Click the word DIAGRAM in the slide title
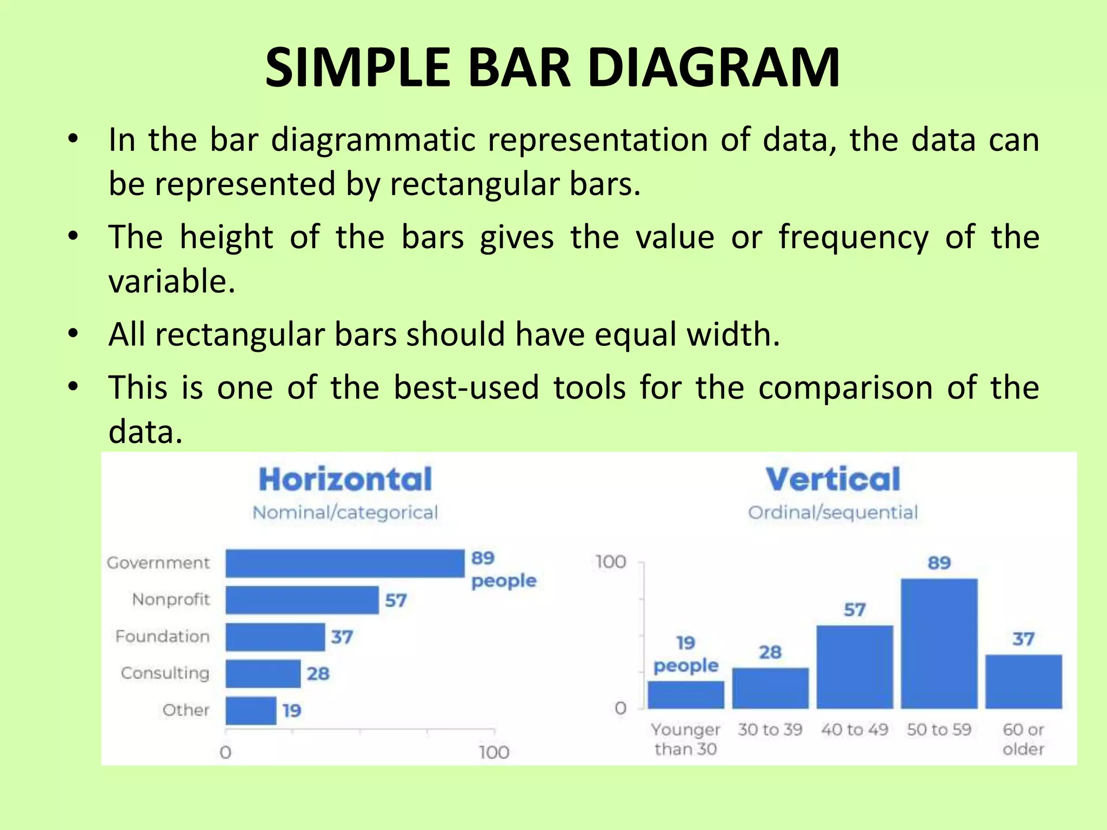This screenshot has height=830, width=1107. coord(713,68)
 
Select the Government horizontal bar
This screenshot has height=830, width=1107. coord(345,564)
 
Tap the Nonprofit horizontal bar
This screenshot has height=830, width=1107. coord(302,600)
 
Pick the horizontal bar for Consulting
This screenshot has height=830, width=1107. coord(263,673)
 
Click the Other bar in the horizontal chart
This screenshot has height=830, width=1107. coord(251,711)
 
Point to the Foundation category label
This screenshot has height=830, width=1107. coord(162,637)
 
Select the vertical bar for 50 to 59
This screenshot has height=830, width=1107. coord(939,643)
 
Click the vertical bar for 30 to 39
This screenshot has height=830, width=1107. coord(770,688)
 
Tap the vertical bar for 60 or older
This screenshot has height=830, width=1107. coord(1023,681)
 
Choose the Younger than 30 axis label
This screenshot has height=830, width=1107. coord(685,739)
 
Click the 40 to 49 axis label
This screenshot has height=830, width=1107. coord(855,729)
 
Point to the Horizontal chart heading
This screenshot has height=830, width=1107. coord(345,479)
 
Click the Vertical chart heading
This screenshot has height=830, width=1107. coord(833,479)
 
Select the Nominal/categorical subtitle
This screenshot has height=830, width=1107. coord(345,512)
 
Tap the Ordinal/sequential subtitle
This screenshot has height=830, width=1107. coord(833,512)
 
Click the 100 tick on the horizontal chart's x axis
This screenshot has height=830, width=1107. coord(494,752)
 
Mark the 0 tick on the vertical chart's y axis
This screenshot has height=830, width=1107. coord(621,708)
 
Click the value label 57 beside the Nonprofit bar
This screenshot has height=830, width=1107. coord(396,600)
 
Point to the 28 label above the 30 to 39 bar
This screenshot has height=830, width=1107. coord(770,652)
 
